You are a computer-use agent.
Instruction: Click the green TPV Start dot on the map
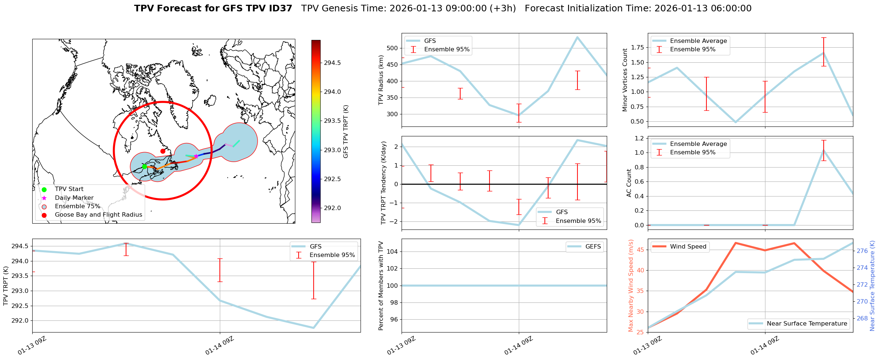(x=144, y=166)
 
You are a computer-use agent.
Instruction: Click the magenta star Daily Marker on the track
(x=196, y=156)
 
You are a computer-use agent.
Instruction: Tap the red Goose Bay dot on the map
(x=163, y=151)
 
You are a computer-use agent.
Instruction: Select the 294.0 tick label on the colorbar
(x=332, y=92)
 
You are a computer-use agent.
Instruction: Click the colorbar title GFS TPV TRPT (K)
(x=346, y=132)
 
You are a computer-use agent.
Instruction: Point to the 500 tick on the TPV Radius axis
(x=393, y=48)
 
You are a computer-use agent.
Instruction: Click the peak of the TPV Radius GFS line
(x=577, y=37)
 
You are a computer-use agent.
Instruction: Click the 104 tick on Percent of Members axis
(x=393, y=251)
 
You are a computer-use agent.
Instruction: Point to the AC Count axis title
(x=629, y=183)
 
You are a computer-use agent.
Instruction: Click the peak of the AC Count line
(x=824, y=150)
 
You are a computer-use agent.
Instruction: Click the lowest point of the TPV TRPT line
(x=314, y=328)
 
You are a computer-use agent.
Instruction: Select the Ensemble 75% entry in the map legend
(x=77, y=206)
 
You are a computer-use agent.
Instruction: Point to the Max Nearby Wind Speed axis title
(x=631, y=286)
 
